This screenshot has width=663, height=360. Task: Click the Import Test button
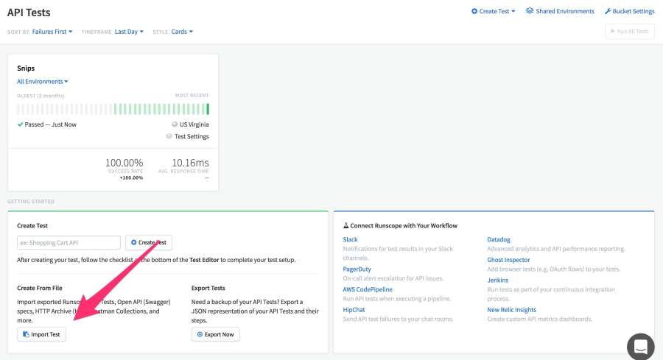click(x=42, y=334)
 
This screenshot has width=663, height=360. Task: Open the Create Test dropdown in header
click(x=494, y=12)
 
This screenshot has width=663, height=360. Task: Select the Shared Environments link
click(x=560, y=12)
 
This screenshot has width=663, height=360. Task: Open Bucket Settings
click(x=629, y=12)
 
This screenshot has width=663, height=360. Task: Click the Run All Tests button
click(x=629, y=32)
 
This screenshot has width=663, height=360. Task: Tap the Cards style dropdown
click(x=182, y=32)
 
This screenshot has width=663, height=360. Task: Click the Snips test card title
click(x=26, y=68)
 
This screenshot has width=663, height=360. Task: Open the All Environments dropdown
click(x=43, y=82)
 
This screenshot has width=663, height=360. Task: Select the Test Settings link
click(x=191, y=136)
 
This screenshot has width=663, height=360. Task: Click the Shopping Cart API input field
click(x=69, y=242)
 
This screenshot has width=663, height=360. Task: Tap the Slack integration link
click(x=351, y=240)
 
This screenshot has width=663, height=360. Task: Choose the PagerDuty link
click(x=357, y=269)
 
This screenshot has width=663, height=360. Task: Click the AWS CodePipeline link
click(x=368, y=289)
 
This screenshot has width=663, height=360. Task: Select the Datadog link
click(x=500, y=240)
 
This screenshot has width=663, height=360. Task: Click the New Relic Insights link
click(x=511, y=310)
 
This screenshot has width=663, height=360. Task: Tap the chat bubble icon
click(x=640, y=346)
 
